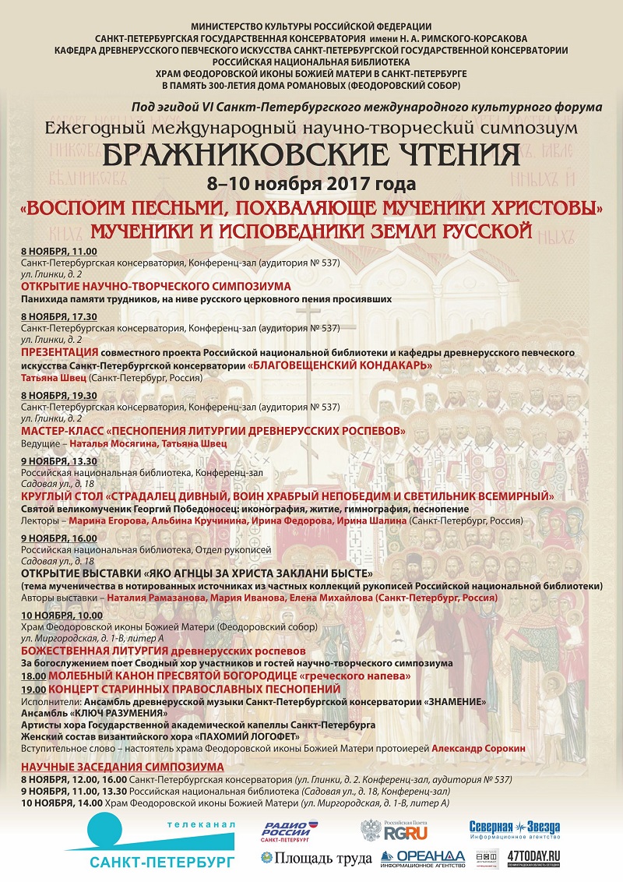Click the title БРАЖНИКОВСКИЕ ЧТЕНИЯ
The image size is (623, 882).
311,156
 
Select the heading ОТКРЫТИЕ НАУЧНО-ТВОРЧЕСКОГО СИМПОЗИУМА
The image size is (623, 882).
156,286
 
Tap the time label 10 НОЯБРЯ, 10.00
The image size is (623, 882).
62,616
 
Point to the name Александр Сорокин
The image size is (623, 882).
478,748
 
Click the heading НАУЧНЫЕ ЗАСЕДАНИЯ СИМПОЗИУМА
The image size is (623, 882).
122,767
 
